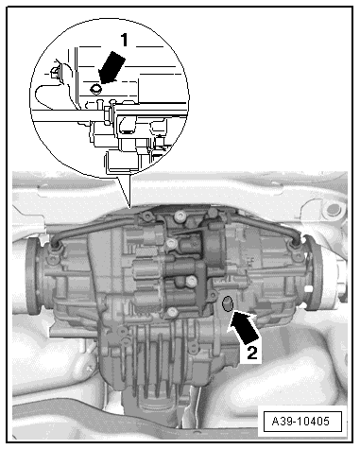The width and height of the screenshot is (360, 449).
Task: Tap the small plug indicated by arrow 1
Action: coord(95,90)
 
